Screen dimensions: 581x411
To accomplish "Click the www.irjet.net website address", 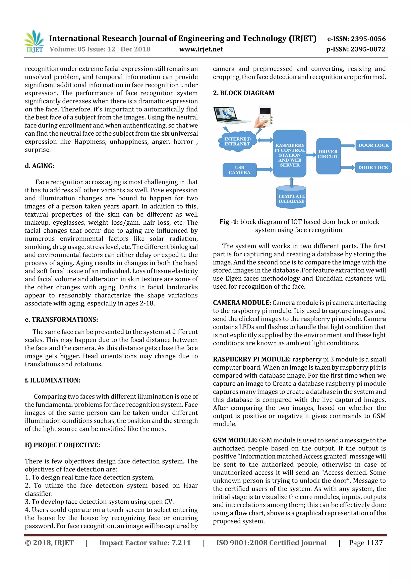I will [x=201, y=49].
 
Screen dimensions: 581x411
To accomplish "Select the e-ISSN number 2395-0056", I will [x=356, y=39].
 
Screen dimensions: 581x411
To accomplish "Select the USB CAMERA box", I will [x=239, y=170].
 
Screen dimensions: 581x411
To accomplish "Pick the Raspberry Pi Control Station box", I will [x=290, y=154].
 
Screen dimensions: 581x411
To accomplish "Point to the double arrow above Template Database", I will [x=291, y=183].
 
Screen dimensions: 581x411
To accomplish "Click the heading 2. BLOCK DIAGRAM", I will [x=244, y=93].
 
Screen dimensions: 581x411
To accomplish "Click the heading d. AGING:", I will [x=40, y=166].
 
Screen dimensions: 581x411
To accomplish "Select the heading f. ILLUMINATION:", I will [x=53, y=380].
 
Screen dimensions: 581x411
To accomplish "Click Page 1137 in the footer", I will [x=366, y=543].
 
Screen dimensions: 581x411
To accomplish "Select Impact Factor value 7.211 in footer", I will [x=145, y=543].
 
